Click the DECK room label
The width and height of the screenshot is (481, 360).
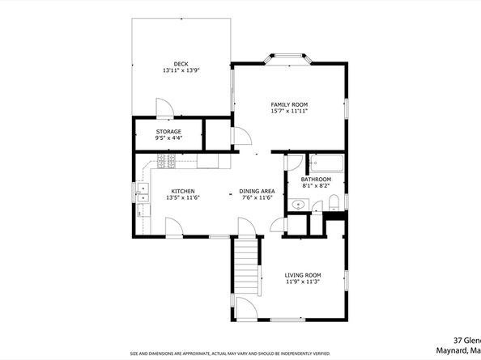pos(180,63)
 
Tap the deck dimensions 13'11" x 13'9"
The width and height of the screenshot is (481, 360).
pos(180,70)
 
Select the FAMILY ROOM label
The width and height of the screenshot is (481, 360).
pos(288,104)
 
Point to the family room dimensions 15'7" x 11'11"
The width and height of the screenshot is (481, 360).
pos(288,111)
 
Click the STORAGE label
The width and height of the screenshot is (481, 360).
pos(168,131)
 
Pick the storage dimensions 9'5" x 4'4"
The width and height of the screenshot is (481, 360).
pos(168,138)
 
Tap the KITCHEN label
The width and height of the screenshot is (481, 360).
pos(182,191)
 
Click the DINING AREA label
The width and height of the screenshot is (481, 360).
pos(257,191)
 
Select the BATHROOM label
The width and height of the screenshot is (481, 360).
pos(316,179)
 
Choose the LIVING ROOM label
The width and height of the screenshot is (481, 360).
pos(303,275)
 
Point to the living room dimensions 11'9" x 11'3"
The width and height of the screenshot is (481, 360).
pos(303,282)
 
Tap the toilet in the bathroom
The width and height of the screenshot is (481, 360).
pos(313,207)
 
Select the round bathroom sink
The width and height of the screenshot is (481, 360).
pos(297,206)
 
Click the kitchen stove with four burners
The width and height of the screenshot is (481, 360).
pos(168,163)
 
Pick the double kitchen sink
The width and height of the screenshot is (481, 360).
pos(143,193)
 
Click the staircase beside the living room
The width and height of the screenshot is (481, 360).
pos(245,267)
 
